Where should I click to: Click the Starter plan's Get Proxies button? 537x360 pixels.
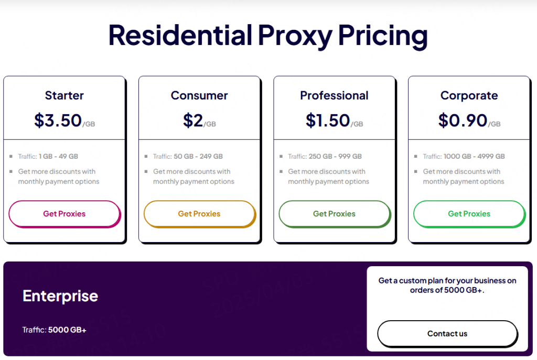pyautogui.click(x=65, y=214)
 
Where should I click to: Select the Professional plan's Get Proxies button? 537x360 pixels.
pyautogui.click(x=335, y=214)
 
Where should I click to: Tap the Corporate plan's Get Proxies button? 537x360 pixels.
pyautogui.click(x=469, y=214)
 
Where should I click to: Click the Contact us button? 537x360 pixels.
pyautogui.click(x=447, y=334)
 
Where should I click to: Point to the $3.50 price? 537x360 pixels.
pyautogui.click(x=58, y=121)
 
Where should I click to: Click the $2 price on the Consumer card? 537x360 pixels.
pyautogui.click(x=193, y=121)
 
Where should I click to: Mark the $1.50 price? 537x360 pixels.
pyautogui.click(x=328, y=121)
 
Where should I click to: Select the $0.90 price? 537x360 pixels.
pyautogui.click(x=463, y=121)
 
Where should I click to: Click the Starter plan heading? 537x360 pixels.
pyautogui.click(x=65, y=95)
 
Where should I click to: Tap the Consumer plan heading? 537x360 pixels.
pyautogui.click(x=199, y=95)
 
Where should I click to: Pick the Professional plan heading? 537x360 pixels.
pyautogui.click(x=334, y=95)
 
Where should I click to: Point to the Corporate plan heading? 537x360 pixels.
pyautogui.click(x=469, y=95)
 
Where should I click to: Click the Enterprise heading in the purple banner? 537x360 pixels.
pyautogui.click(x=60, y=296)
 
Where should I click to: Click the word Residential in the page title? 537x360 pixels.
pyautogui.click(x=180, y=35)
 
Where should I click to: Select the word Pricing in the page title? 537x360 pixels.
pyautogui.click(x=383, y=36)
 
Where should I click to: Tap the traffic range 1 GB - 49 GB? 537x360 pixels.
pyautogui.click(x=58, y=156)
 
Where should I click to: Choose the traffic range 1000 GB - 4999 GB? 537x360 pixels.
pyautogui.click(x=474, y=156)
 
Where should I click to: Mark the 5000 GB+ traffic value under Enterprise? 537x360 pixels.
pyautogui.click(x=67, y=330)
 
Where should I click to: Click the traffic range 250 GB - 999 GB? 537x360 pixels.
pyautogui.click(x=335, y=156)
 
